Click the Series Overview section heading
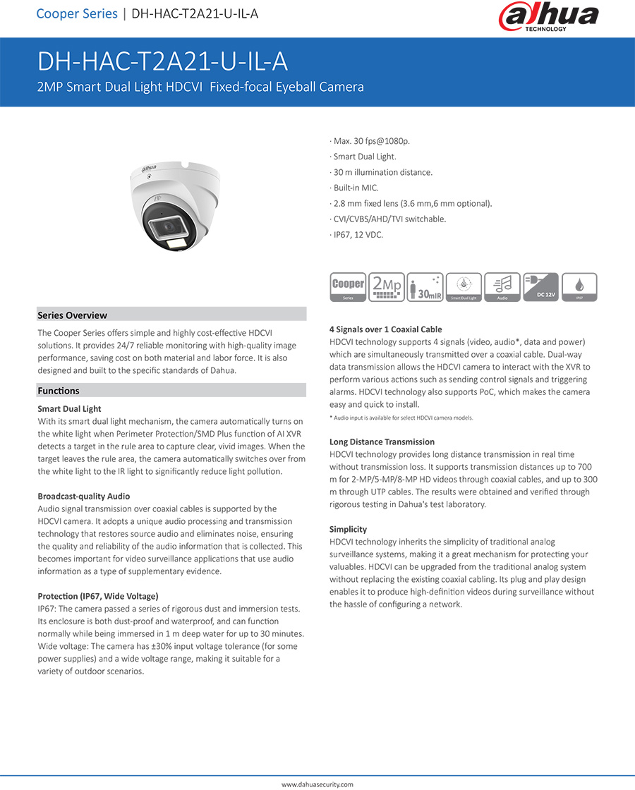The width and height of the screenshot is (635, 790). click(73, 315)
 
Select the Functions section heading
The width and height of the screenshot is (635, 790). click(59, 391)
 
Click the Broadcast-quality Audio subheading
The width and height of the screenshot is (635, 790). click(83, 497)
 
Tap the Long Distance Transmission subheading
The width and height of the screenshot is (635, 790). click(382, 442)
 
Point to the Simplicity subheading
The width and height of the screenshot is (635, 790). click(348, 530)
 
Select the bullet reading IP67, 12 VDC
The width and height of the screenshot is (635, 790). click(358, 234)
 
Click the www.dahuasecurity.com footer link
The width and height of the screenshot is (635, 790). click(317, 784)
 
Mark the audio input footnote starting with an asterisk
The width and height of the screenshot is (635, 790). click(401, 418)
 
